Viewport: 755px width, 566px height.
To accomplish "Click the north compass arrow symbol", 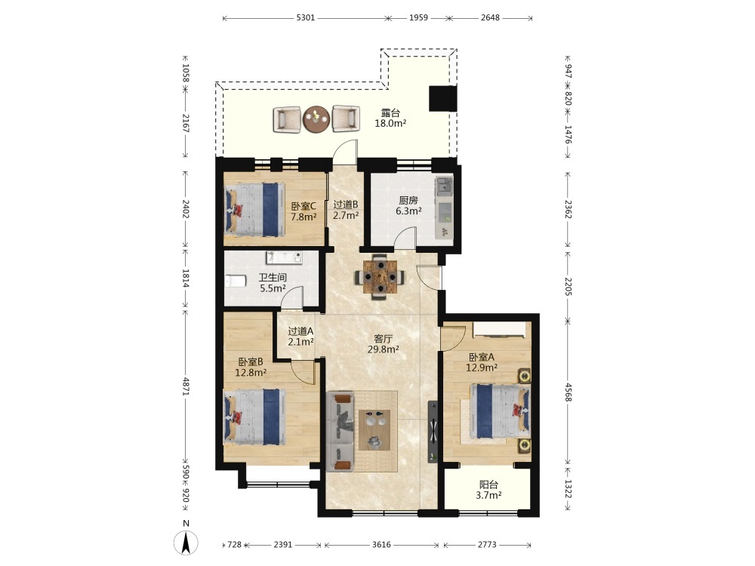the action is point(186,542).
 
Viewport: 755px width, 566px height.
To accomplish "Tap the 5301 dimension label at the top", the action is point(305,18).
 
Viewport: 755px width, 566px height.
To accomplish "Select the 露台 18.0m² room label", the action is point(390,118).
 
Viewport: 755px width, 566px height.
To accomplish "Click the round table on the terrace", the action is point(316,119).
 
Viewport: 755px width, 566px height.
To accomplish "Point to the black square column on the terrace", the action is point(442,99).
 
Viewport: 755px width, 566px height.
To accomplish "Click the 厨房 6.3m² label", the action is point(408,205).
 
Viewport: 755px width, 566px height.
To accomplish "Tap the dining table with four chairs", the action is point(381,277).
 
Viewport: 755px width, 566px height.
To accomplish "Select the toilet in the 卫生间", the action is point(236,280).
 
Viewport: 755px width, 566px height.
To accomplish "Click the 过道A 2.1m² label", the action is point(301,337).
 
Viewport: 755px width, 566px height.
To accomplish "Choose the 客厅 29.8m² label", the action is point(383,344).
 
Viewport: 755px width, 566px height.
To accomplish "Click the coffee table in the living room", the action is point(374,430).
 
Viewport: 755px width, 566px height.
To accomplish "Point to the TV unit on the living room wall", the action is point(433,432).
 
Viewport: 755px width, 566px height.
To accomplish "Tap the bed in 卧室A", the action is point(500,411).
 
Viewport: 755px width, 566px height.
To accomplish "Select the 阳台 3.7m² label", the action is point(488,490).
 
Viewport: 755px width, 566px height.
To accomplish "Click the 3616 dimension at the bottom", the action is point(381,545).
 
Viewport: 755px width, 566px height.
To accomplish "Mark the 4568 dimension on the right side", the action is point(569,392).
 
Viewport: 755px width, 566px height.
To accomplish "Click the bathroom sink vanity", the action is point(285,257).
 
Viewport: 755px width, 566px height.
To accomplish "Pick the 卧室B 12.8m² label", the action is point(251,367).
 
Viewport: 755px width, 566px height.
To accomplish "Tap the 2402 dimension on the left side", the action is point(186,209).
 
